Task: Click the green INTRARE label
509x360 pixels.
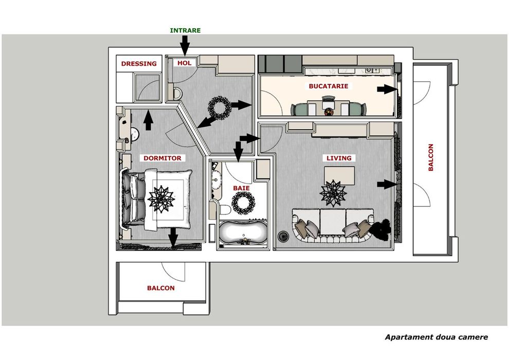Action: tap(185, 30)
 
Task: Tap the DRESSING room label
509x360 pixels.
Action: tap(138, 64)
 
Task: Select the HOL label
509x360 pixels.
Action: tap(184, 63)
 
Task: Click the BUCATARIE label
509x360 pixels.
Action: tap(329, 86)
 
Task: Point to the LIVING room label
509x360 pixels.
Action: tap(339, 158)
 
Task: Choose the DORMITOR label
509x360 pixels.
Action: tap(162, 158)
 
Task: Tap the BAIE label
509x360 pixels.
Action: tap(241, 188)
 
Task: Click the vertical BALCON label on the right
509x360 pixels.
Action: tap(431, 157)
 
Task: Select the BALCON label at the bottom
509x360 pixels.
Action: tap(160, 288)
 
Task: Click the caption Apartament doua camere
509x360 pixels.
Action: tap(436, 337)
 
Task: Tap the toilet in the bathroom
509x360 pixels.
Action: tap(224, 210)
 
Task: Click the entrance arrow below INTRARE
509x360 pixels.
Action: tap(185, 47)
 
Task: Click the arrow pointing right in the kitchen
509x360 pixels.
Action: tap(384, 89)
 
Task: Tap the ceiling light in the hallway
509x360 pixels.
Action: tap(218, 107)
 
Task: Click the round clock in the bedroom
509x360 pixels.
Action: tap(135, 134)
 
